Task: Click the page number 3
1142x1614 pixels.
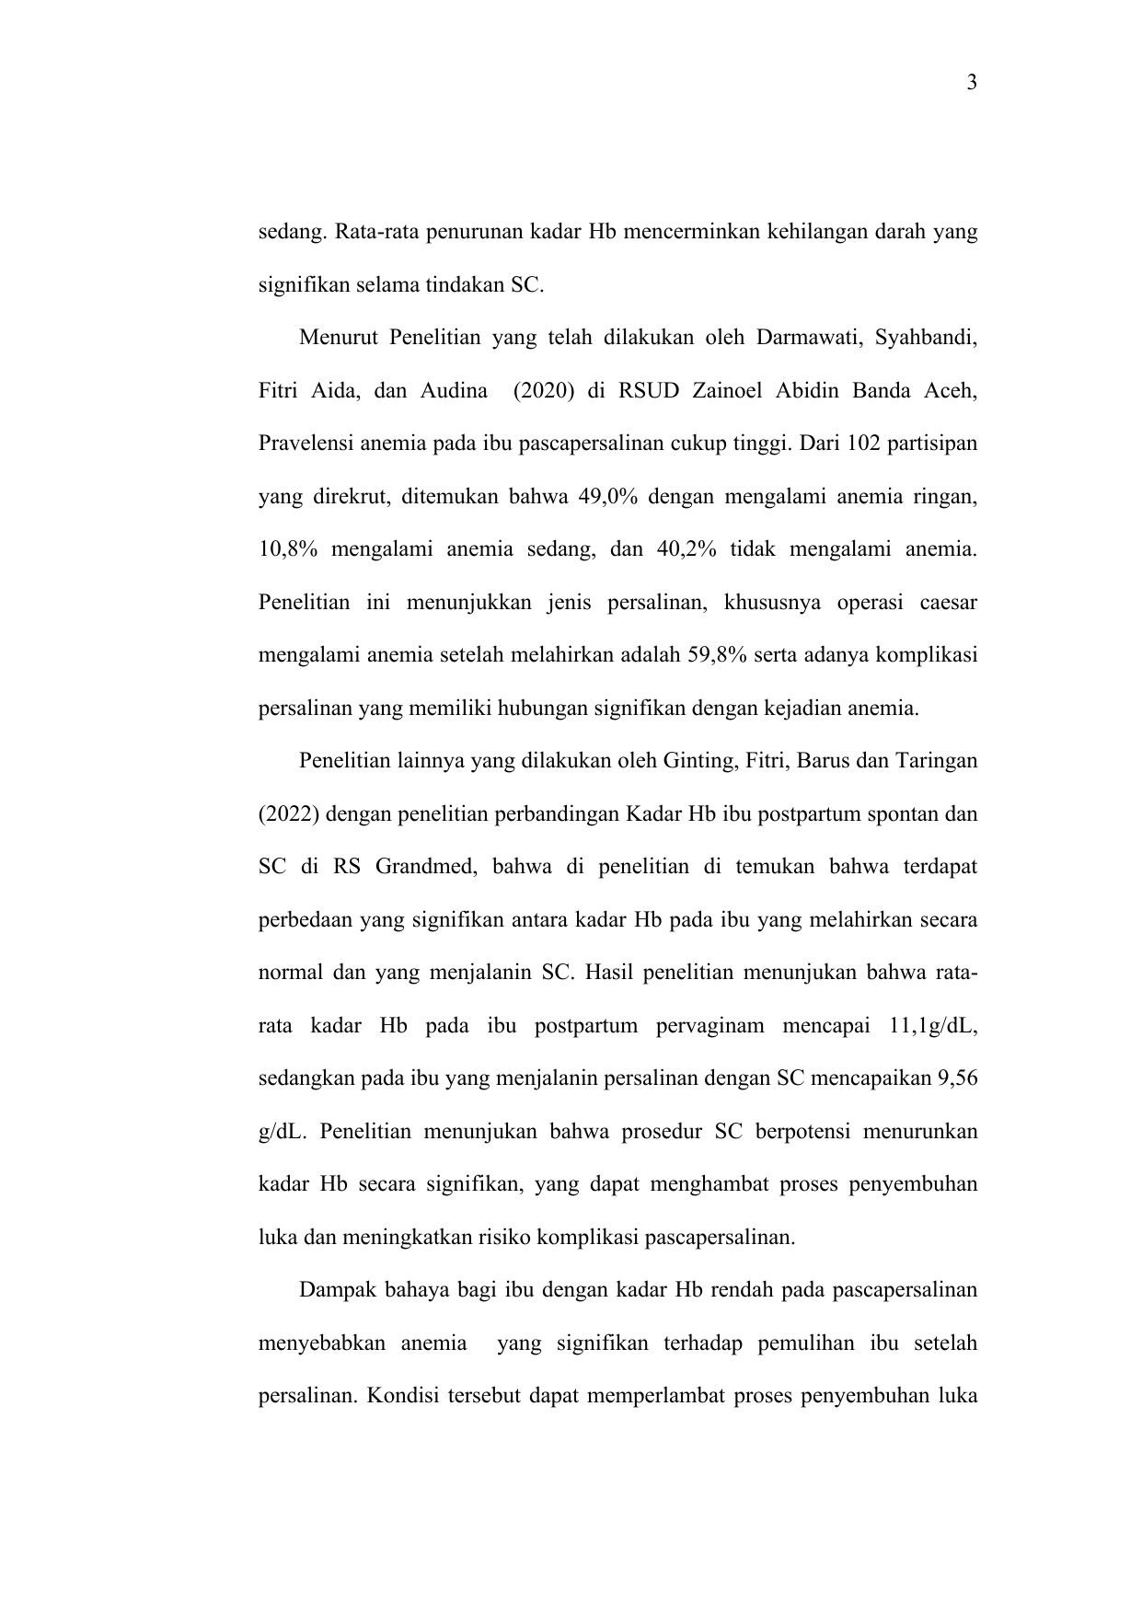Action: click(972, 85)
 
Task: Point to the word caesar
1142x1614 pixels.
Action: click(947, 604)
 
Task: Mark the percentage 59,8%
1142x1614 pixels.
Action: click(717, 656)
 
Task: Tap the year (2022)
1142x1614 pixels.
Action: click(288, 815)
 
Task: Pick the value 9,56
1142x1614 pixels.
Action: click(957, 1078)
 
